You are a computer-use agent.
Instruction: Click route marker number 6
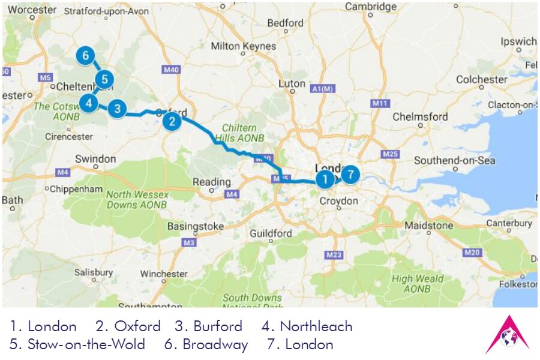click(86, 56)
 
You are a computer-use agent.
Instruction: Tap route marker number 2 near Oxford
click(172, 122)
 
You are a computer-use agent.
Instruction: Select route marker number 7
click(350, 175)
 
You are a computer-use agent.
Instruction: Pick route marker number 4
click(89, 103)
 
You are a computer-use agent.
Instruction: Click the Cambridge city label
click(371, 7)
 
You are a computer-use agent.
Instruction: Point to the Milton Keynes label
click(244, 46)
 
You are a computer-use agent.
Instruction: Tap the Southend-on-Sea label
click(455, 160)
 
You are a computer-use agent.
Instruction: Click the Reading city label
click(211, 182)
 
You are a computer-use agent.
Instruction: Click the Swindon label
click(95, 159)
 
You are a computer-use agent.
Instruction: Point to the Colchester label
click(482, 80)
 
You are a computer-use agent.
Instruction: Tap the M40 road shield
click(172, 70)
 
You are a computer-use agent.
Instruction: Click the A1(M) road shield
click(322, 89)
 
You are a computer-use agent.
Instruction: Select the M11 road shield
click(378, 103)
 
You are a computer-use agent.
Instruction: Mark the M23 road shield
click(334, 255)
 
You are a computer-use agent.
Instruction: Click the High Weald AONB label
click(418, 283)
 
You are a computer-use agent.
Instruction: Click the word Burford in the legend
click(217, 326)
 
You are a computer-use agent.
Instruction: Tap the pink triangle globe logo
click(508, 335)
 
